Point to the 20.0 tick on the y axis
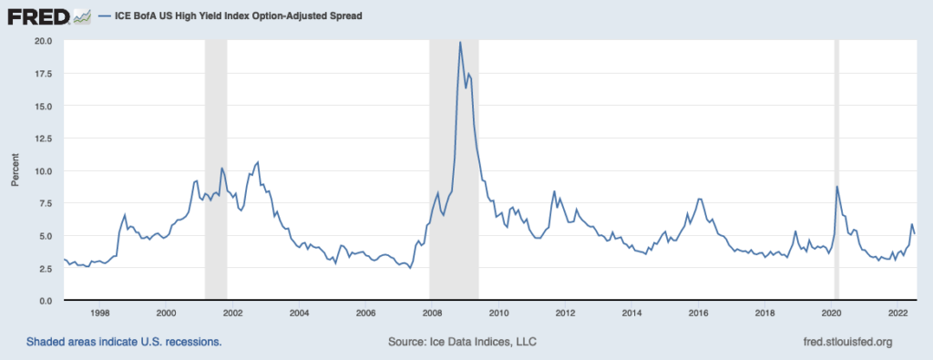click(x=43, y=41)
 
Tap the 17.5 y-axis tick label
click(x=43, y=73)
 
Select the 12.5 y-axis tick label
click(x=43, y=138)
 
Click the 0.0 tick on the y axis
click(x=46, y=300)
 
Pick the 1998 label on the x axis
click(x=99, y=312)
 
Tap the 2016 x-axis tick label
click(x=698, y=312)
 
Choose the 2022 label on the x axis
click(x=897, y=312)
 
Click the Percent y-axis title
click(x=15, y=170)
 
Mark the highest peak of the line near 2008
click(x=460, y=42)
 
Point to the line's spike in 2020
click(x=837, y=187)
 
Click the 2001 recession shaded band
click(x=215, y=170)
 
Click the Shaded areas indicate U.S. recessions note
click(x=124, y=342)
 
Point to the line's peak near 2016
click(x=699, y=199)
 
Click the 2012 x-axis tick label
click(x=565, y=312)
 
